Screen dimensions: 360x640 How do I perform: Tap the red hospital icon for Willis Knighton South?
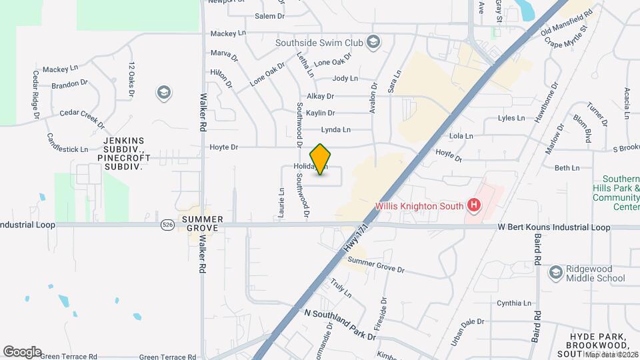click(x=474, y=205)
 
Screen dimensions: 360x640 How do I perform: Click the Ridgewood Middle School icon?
click(x=555, y=272)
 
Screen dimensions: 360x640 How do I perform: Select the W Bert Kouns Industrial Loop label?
click(x=553, y=227)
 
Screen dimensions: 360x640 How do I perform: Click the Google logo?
click(x=21, y=351)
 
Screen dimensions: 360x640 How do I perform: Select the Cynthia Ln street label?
click(x=513, y=303)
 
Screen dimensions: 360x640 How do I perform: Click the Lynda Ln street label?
click(x=335, y=129)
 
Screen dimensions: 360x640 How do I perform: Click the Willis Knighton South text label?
click(x=419, y=205)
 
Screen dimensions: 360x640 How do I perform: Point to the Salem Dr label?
click(x=269, y=16)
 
